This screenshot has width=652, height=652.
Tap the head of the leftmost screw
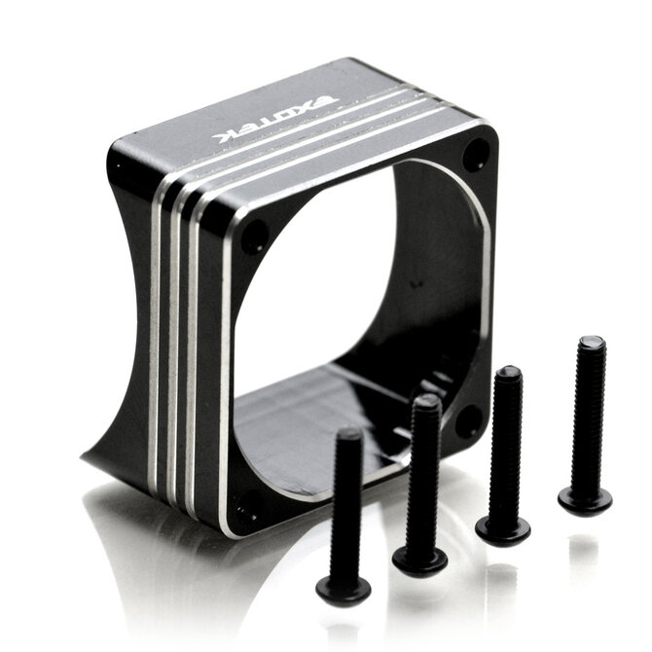coord(344,587)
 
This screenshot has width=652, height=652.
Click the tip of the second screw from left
coord(427,401)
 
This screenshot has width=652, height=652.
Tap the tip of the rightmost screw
coord(592,341)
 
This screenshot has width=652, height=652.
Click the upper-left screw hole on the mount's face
coord(254,235)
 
